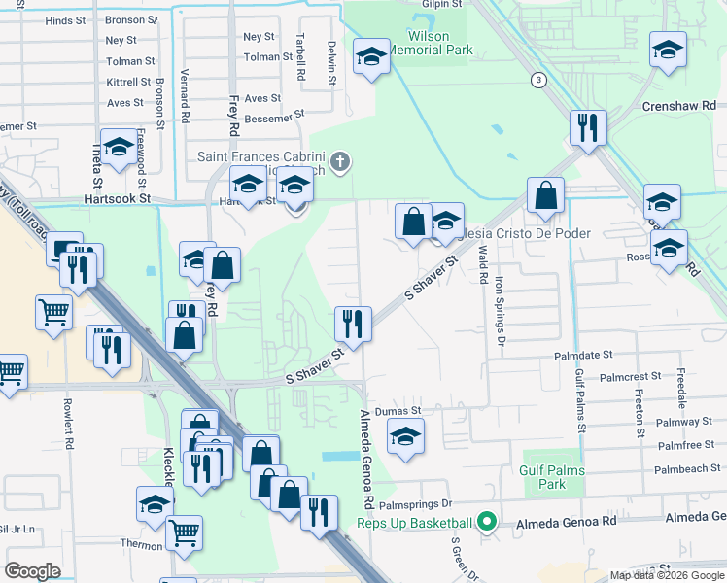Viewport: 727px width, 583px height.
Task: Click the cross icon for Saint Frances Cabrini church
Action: tap(339, 160)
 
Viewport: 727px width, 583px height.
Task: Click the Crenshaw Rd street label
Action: tap(678, 105)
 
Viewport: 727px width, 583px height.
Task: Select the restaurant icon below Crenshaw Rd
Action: tap(588, 127)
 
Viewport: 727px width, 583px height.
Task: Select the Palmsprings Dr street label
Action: tap(416, 504)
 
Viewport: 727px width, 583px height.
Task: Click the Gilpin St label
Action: tap(440, 5)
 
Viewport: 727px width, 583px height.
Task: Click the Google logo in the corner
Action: tap(32, 571)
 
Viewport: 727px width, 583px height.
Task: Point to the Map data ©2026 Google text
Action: tap(667, 575)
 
